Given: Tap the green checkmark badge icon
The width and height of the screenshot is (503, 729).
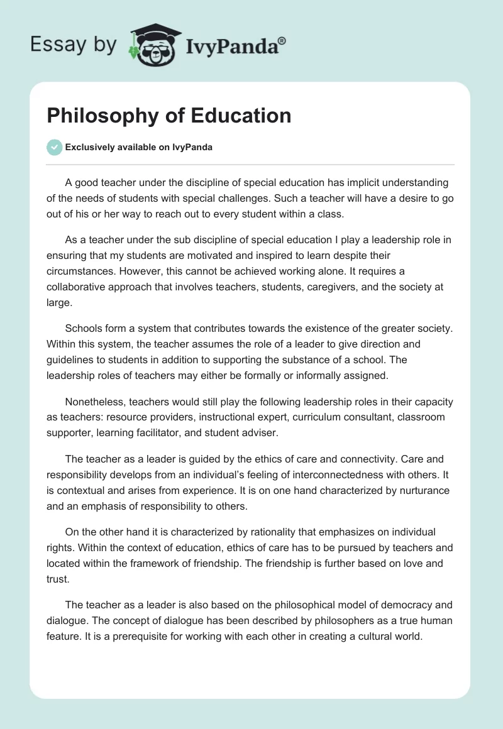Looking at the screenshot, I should tap(54, 147).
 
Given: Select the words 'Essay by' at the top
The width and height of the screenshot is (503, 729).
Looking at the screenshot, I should tap(74, 44).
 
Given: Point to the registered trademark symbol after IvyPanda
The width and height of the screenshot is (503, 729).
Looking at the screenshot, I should tap(282, 40).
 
